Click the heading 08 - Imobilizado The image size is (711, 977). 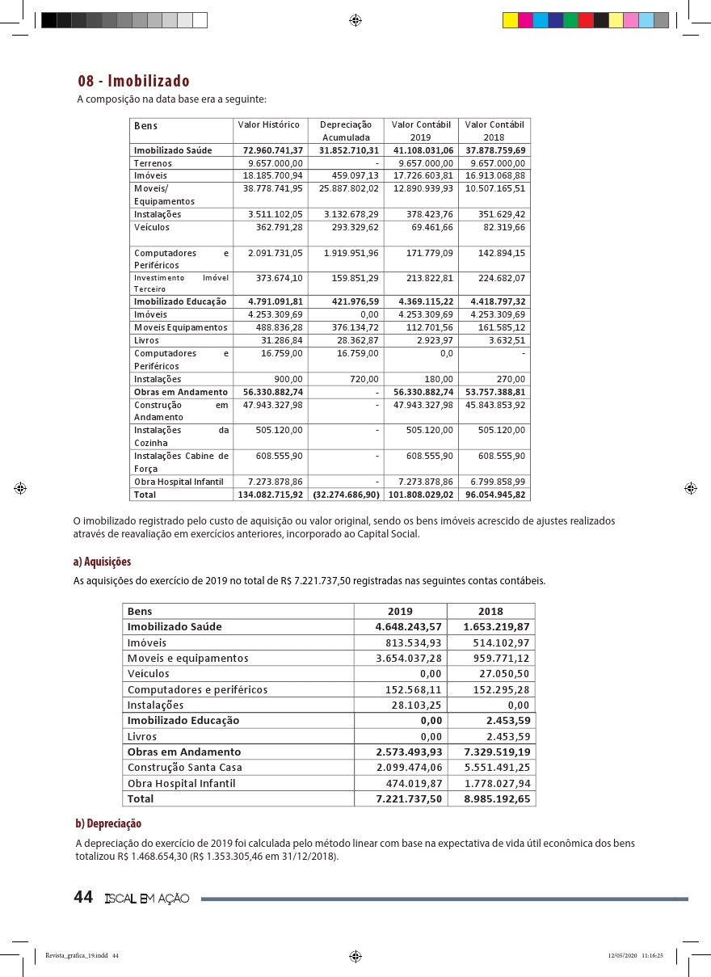(133, 81)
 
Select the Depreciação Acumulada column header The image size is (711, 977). (346, 131)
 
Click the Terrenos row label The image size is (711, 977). (153, 163)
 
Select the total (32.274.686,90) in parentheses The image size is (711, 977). (346, 494)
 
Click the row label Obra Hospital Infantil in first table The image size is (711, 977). (179, 482)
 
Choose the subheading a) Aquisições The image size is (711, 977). (102, 562)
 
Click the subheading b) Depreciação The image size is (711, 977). (108, 823)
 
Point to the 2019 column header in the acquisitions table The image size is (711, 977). (400, 612)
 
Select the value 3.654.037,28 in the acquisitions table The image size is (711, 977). (409, 659)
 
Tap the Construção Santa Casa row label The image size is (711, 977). (185, 768)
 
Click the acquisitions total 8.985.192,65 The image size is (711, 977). (497, 798)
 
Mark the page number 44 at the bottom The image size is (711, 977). (83, 898)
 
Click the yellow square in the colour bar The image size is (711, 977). (511, 20)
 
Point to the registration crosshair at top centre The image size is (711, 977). (355, 20)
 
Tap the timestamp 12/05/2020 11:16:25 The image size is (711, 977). (635, 955)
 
